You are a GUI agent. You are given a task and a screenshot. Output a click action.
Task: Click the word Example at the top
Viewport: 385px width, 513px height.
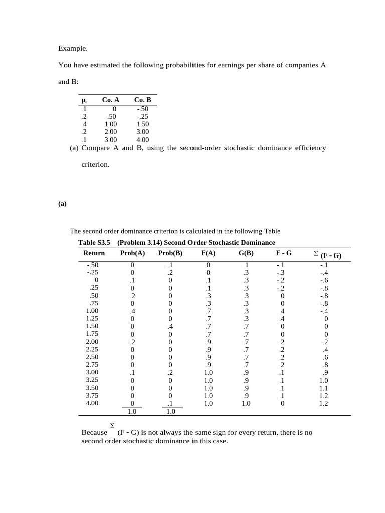tap(73, 49)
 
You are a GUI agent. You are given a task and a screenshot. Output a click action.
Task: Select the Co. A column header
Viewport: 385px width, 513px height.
tap(111, 100)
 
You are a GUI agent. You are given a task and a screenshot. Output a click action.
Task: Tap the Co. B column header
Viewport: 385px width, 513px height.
tap(143, 100)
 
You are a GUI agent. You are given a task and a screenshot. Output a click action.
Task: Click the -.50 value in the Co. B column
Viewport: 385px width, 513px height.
tap(142, 108)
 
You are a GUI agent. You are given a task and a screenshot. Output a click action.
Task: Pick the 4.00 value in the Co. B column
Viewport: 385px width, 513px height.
tap(143, 140)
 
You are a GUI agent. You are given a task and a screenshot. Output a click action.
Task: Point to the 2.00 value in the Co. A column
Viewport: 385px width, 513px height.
tap(111, 132)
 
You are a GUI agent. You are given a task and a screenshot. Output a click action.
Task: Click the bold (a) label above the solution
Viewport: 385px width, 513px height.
tap(62, 204)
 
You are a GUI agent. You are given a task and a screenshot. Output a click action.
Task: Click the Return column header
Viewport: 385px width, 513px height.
tap(94, 253)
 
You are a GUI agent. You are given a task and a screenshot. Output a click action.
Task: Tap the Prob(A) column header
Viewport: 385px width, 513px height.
tap(133, 253)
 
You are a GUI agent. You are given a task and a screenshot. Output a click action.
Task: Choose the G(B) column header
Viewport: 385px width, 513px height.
tap(246, 253)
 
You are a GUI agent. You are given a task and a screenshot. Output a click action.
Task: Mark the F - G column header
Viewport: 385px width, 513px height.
tap(284, 253)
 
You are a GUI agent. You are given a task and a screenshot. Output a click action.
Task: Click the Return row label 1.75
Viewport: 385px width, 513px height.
tap(92, 334)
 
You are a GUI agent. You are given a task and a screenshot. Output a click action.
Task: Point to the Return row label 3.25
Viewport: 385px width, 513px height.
tap(92, 380)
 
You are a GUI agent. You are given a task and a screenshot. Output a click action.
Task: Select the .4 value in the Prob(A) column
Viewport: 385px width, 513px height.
tap(133, 311)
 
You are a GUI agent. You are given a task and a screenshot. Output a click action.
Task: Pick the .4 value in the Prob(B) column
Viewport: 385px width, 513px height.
tap(170, 326)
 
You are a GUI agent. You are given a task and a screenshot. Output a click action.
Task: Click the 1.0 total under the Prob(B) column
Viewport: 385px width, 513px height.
tap(170, 411)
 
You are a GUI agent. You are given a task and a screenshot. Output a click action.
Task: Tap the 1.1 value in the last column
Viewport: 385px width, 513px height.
tap(324, 388)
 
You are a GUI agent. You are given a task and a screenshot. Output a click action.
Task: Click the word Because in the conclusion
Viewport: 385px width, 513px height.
tap(94, 432)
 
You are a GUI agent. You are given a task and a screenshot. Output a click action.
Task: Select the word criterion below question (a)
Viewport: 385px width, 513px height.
tap(95, 164)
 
